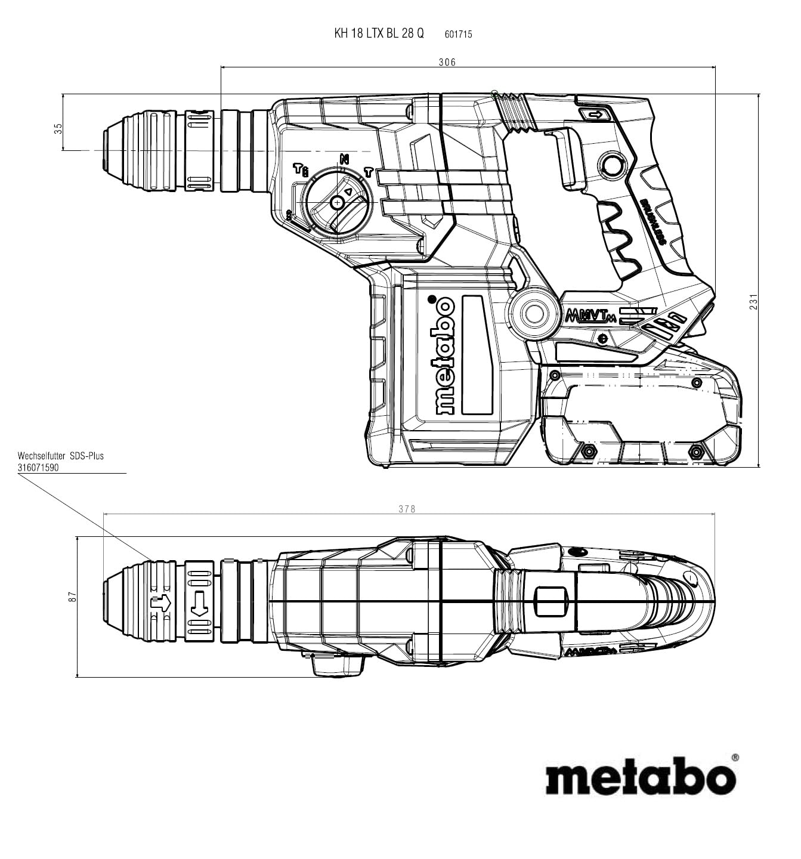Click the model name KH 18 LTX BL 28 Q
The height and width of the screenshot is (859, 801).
coord(379,33)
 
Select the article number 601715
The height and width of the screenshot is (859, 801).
coord(458,35)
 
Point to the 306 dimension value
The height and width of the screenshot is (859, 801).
coord(447,62)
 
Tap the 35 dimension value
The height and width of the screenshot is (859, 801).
coord(58,128)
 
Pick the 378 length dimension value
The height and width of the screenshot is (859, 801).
coord(407,509)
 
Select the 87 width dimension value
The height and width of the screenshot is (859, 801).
coord(72,596)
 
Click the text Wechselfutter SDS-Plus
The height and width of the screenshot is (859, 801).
coord(61,456)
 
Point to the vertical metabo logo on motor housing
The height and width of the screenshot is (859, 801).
coord(445,356)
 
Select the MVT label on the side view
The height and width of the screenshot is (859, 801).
coord(590,314)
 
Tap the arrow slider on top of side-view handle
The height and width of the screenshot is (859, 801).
coord(595,115)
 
